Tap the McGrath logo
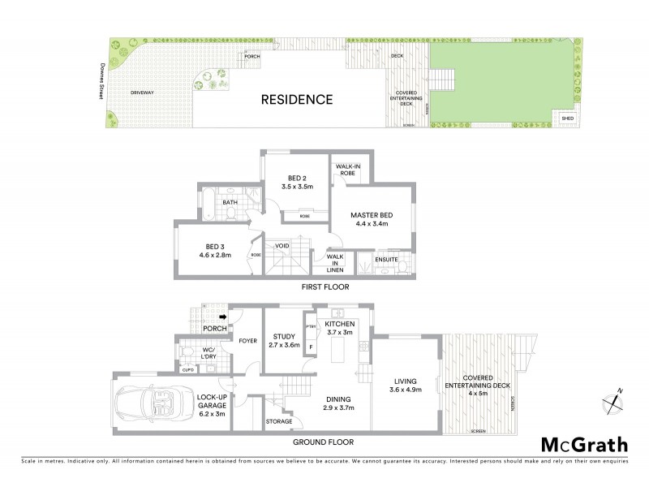click(584, 444)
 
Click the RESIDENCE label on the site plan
click(296, 100)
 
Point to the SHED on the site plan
click(567, 119)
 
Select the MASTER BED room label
click(371, 215)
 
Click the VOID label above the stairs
click(282, 244)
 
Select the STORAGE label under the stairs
click(280, 422)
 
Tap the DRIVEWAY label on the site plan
click(142, 93)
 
